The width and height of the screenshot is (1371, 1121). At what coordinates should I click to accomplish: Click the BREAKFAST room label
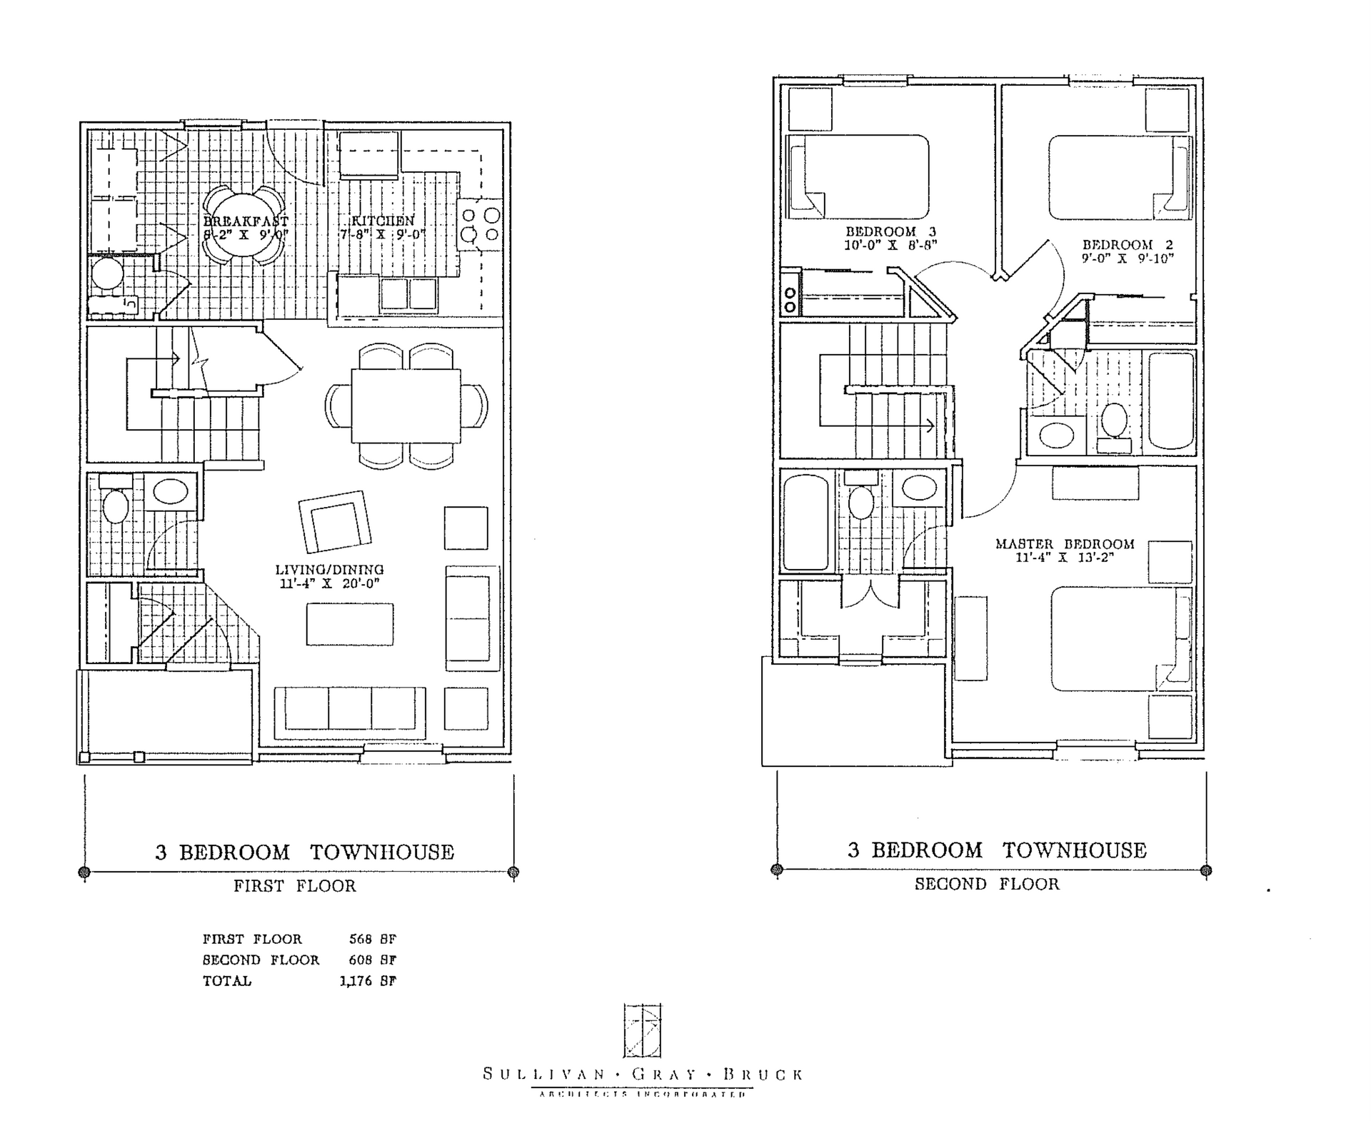[x=246, y=221]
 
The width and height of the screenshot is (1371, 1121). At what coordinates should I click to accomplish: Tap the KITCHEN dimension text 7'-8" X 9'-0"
[x=383, y=234]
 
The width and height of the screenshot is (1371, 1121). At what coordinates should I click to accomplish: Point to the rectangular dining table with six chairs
[x=406, y=406]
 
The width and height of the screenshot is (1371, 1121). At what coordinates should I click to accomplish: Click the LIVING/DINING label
[x=329, y=569]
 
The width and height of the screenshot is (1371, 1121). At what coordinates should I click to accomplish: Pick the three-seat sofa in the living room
[x=350, y=713]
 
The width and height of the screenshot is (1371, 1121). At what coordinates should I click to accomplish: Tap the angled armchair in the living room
[x=334, y=521]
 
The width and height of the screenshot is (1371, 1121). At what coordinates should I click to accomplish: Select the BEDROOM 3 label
[x=890, y=231]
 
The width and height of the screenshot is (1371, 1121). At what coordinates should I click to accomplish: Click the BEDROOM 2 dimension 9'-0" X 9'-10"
[x=1127, y=258]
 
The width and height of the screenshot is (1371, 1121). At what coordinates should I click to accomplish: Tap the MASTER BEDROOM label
[x=1065, y=543]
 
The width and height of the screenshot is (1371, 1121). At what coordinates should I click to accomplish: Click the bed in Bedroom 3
[x=860, y=176]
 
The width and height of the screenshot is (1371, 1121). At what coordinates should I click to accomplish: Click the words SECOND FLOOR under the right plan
[x=987, y=884]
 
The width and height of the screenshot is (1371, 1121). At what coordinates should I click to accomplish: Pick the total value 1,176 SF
[x=368, y=980]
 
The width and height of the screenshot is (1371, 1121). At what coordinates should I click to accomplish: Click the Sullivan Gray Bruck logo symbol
[x=642, y=1030]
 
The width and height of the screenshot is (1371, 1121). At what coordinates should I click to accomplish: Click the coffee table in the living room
[x=350, y=624]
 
